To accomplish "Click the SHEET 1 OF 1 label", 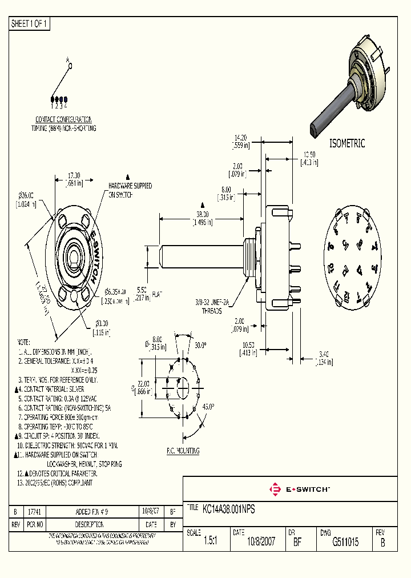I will [30, 24].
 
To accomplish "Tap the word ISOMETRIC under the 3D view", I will [347, 144].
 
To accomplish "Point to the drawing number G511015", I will [345, 542].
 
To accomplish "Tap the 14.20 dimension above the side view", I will [240, 138].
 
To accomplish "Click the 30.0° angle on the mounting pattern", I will [200, 346].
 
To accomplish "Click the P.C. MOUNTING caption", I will [183, 451].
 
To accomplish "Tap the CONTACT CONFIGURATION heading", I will [63, 119].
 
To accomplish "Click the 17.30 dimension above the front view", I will [74, 175].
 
